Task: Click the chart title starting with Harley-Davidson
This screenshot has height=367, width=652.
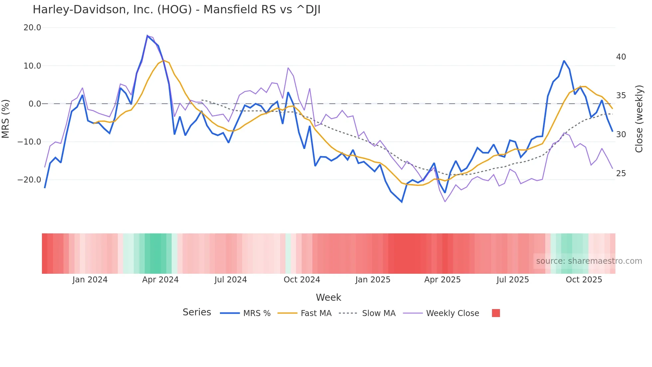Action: tap(176, 10)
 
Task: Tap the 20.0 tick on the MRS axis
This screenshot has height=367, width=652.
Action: tap(32, 28)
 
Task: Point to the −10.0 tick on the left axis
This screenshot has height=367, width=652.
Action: tap(29, 142)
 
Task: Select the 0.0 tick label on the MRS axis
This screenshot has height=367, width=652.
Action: tap(35, 104)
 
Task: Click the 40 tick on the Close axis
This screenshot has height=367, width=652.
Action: tap(621, 57)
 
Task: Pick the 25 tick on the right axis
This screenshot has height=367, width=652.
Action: tap(621, 174)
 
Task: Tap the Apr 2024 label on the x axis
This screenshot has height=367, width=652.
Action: tap(160, 280)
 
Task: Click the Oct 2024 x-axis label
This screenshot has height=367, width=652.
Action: tap(302, 280)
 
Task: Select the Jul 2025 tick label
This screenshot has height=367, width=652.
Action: tap(513, 280)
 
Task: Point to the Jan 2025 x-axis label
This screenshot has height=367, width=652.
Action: tap(373, 280)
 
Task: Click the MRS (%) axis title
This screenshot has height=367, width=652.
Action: tap(6, 119)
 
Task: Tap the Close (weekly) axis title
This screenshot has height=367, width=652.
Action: tap(639, 119)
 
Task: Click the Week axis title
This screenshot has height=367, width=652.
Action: tap(328, 297)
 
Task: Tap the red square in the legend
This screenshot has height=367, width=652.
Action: tap(496, 313)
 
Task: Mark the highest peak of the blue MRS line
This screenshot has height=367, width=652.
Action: tap(147, 36)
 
